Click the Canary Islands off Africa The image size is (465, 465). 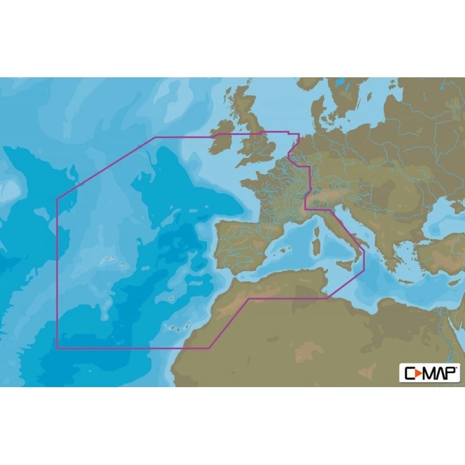click(x=174, y=328)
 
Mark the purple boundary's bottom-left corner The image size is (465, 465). click(x=57, y=348)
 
